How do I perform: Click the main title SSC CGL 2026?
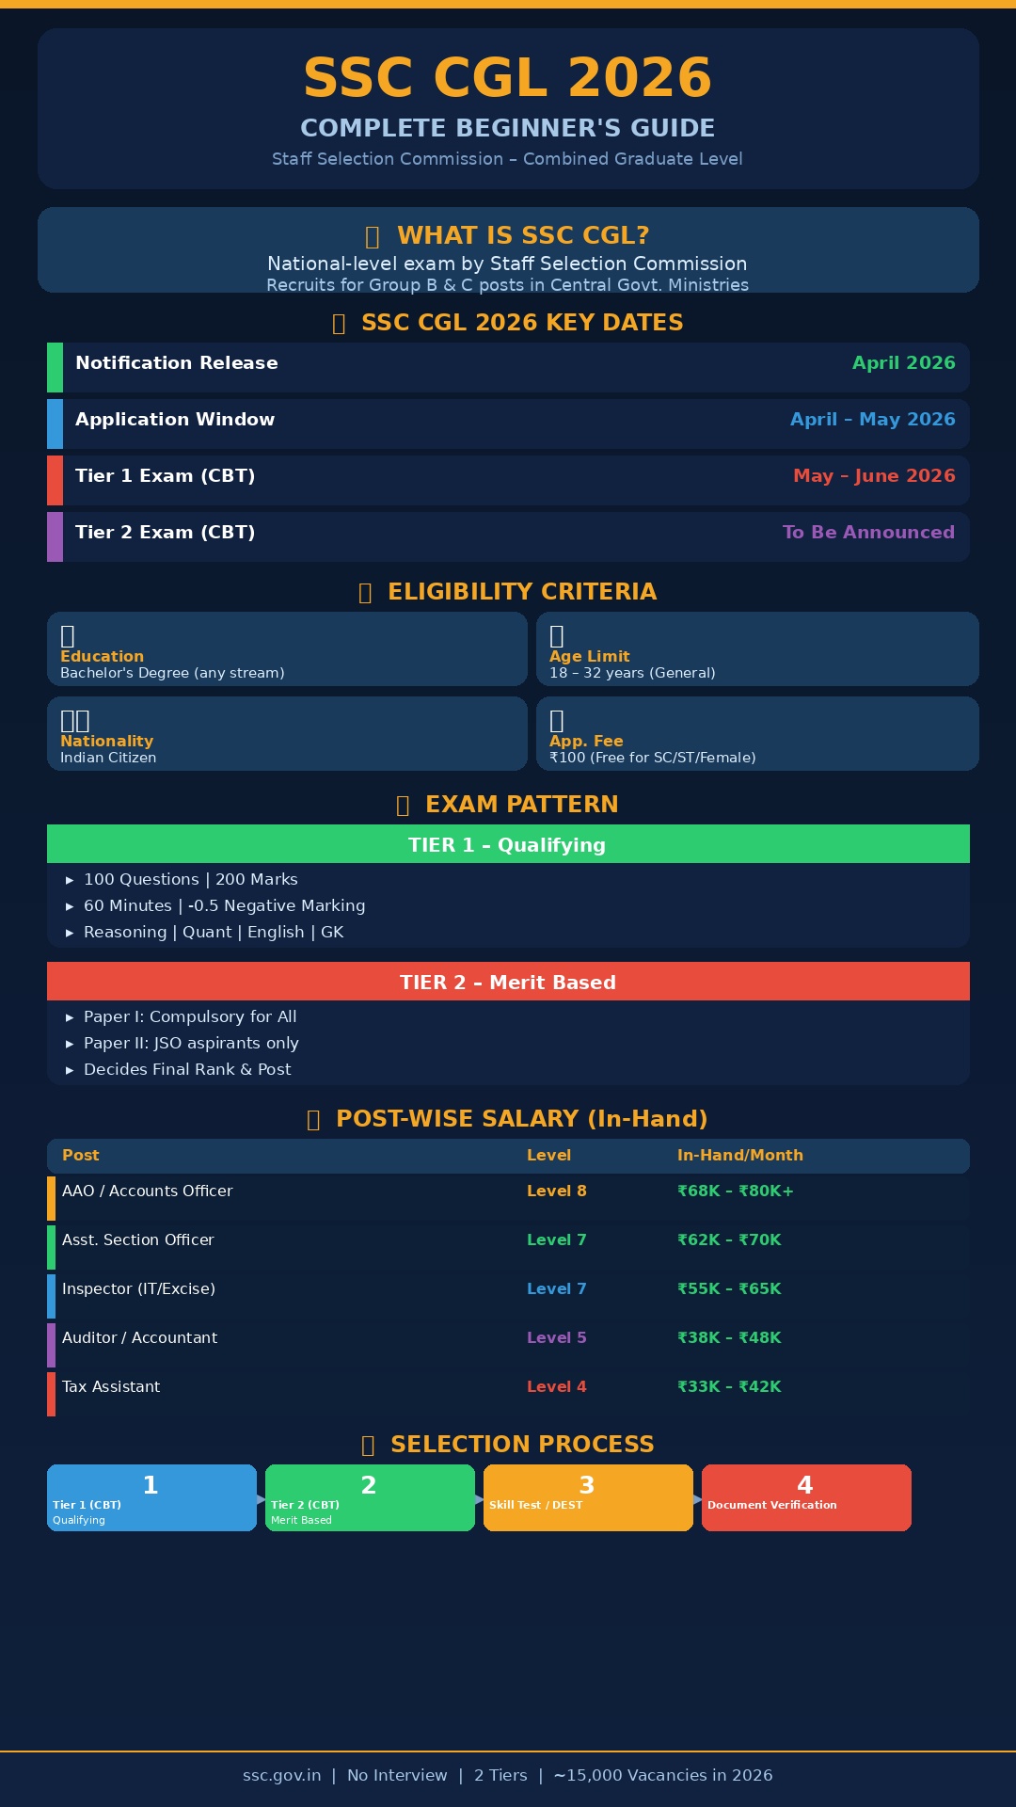pos(507,77)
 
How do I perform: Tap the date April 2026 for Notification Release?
pos(903,363)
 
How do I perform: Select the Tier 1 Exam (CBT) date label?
pos(165,476)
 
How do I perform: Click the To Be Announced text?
pos(868,533)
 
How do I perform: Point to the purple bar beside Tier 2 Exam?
pos(55,536)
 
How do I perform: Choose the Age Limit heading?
pos(589,656)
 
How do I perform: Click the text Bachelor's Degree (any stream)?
pos(172,673)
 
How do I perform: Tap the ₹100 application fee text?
pos(652,758)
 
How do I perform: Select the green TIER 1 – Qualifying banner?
pos(508,844)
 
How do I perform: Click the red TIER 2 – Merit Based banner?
pos(508,982)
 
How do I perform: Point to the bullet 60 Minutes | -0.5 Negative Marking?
pos(224,905)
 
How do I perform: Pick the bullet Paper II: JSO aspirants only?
pos(191,1043)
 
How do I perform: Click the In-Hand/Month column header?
pos(739,1155)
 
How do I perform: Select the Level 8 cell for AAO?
pos(556,1191)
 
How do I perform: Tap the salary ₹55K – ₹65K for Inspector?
pos(729,1288)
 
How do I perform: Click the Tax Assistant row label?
pos(111,1386)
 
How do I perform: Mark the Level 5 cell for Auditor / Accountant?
pos(556,1337)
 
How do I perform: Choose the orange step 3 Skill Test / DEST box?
pos(588,1497)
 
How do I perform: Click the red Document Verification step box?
pos(806,1497)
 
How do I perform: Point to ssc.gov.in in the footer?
pos(281,1775)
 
